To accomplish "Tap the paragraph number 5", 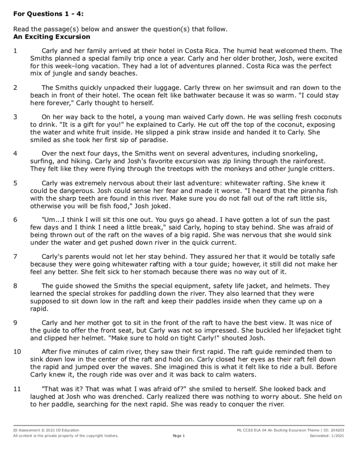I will pos(15,183).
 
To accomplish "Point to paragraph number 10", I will pos(17,351).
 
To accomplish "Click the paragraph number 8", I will pos(15,286).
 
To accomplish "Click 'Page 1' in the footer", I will pos(179,436).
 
